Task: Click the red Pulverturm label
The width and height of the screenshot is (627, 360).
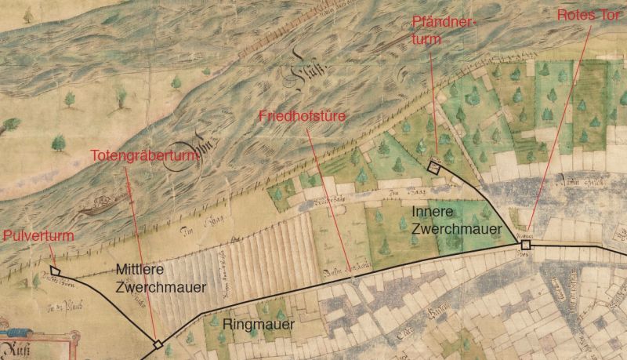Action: tap(33, 235)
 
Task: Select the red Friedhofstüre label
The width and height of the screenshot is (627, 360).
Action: tap(302, 116)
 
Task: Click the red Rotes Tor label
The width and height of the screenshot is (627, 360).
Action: tap(589, 15)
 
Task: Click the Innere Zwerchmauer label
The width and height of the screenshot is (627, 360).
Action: tap(446, 221)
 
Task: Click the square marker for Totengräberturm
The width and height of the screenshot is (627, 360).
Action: tap(158, 344)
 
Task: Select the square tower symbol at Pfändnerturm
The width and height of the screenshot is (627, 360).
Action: tap(433, 166)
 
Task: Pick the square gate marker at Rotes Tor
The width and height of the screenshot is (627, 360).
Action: tap(525, 245)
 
